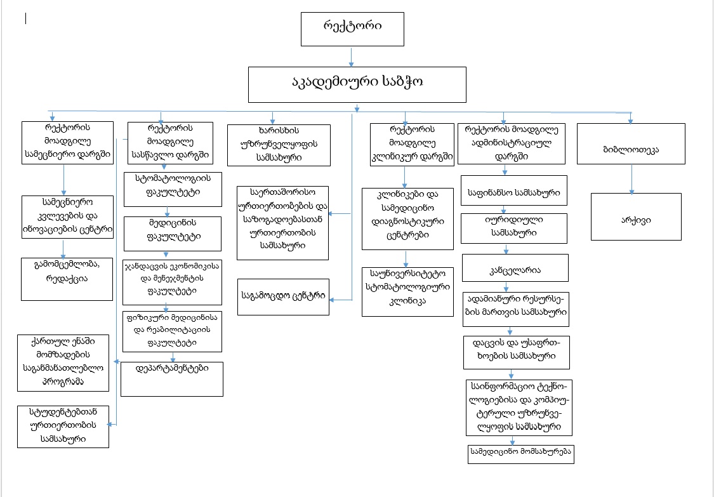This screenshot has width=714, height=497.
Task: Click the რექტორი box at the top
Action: [x=352, y=29]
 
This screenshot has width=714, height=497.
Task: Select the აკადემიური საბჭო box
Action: [x=357, y=84]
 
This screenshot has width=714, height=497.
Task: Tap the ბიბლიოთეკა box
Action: [x=631, y=143]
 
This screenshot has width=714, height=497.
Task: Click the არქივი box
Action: [x=636, y=217]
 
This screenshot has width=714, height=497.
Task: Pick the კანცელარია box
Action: [x=515, y=268]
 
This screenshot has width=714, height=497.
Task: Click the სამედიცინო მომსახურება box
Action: [x=521, y=454]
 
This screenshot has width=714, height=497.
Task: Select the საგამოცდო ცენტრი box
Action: [x=283, y=297]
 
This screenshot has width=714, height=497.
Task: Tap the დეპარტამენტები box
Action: [x=171, y=379]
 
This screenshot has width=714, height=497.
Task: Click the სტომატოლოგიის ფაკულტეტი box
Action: [x=173, y=189]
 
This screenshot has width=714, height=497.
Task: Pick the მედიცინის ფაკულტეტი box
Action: [x=173, y=234]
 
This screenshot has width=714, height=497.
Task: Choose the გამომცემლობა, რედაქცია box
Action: [x=67, y=279]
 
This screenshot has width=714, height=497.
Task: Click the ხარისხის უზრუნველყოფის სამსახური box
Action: [x=279, y=145]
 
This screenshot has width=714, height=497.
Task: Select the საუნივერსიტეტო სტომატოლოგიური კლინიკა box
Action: [x=407, y=291]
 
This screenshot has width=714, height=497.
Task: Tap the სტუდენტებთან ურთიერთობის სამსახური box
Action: [x=63, y=427]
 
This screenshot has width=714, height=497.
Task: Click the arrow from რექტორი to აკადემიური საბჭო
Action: [x=351, y=56]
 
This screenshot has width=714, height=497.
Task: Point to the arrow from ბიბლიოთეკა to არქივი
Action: [x=631, y=178]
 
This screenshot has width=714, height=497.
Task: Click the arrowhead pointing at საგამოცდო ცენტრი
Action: [x=333, y=300]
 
